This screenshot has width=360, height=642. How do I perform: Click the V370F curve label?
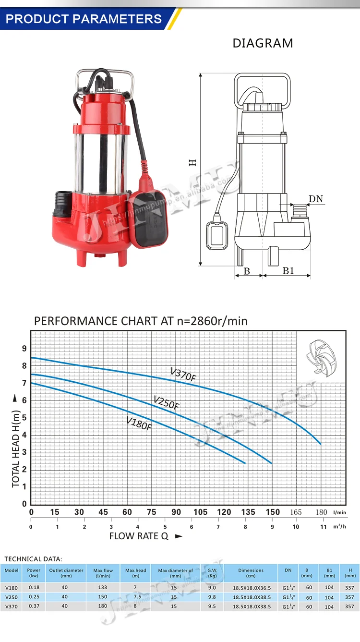[183, 375]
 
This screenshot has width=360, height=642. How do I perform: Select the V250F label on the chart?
[166, 402]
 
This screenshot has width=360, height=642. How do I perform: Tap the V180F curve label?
[139, 423]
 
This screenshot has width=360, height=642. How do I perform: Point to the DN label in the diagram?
[316, 198]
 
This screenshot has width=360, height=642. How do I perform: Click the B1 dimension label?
[288, 271]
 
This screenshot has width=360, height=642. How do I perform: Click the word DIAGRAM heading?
[263, 43]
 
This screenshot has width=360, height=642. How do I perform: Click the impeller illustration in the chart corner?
[320, 356]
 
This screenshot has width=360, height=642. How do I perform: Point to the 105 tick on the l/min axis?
[200, 512]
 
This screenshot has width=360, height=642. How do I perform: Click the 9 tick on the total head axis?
[24, 348]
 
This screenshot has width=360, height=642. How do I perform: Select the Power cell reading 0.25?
[34, 597]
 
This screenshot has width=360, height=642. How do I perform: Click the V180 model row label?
[12, 587]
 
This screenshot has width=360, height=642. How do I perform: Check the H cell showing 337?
[349, 587]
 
